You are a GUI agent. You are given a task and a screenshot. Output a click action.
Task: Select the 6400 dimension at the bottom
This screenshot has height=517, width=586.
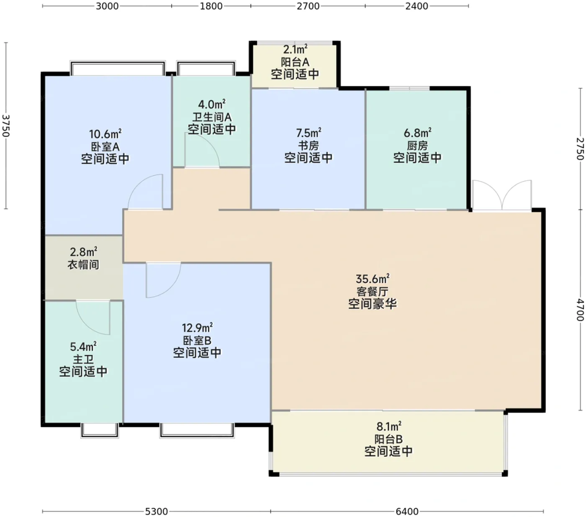point(406,511)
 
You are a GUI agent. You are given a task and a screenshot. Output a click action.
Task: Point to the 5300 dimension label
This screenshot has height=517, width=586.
point(157,511)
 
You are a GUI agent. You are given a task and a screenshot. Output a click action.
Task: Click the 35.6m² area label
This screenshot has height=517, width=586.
point(372,279)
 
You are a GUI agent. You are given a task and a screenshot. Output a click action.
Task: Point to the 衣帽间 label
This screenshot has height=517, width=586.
point(83,264)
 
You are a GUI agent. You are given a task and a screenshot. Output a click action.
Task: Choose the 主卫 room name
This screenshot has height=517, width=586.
point(83,359)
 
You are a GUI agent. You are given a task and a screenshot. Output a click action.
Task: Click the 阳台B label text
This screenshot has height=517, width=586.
point(388,439)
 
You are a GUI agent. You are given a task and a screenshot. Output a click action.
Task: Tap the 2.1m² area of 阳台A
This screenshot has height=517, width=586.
point(295,49)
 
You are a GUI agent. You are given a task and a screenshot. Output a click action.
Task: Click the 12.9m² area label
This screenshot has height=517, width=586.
point(198,328)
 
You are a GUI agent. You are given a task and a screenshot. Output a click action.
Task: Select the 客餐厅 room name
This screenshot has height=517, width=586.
point(372,291)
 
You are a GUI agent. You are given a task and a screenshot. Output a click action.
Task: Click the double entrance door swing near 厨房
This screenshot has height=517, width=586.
point(502,195)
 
